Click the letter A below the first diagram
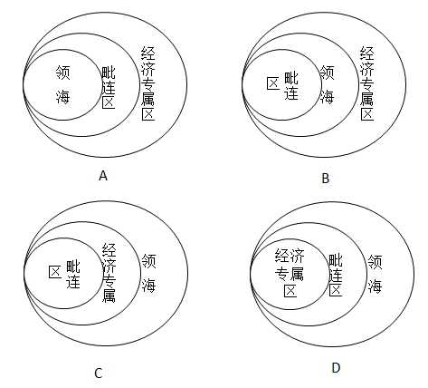click(x=103, y=175)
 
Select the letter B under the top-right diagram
click(x=326, y=179)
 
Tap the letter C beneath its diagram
click(x=99, y=373)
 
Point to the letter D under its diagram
click(x=336, y=368)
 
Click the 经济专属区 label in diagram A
click(x=148, y=83)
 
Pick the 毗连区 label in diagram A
click(x=109, y=88)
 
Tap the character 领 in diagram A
click(x=63, y=73)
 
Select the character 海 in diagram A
click(x=63, y=97)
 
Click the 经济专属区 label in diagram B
click(x=367, y=83)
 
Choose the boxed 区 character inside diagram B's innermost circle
click(x=273, y=83)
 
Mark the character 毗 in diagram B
click(x=291, y=78)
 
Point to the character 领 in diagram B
click(x=327, y=73)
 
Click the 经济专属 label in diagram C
click(x=109, y=273)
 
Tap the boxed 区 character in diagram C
click(x=55, y=272)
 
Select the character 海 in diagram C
click(x=149, y=286)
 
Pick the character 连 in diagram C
click(x=73, y=281)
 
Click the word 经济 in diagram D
click(x=290, y=257)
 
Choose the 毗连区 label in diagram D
click(x=336, y=275)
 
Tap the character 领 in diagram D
click(x=375, y=262)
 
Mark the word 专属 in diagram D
click(x=290, y=274)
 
